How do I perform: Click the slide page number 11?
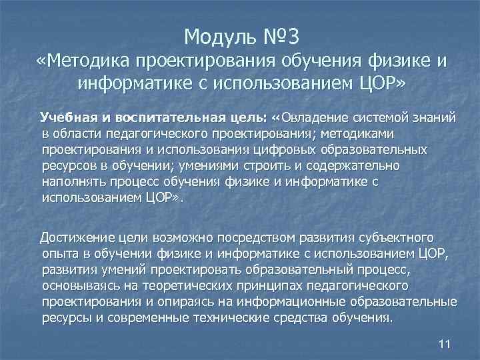pyautogui.click(x=446, y=343)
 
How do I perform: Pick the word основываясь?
pyautogui.click(x=79, y=286)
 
